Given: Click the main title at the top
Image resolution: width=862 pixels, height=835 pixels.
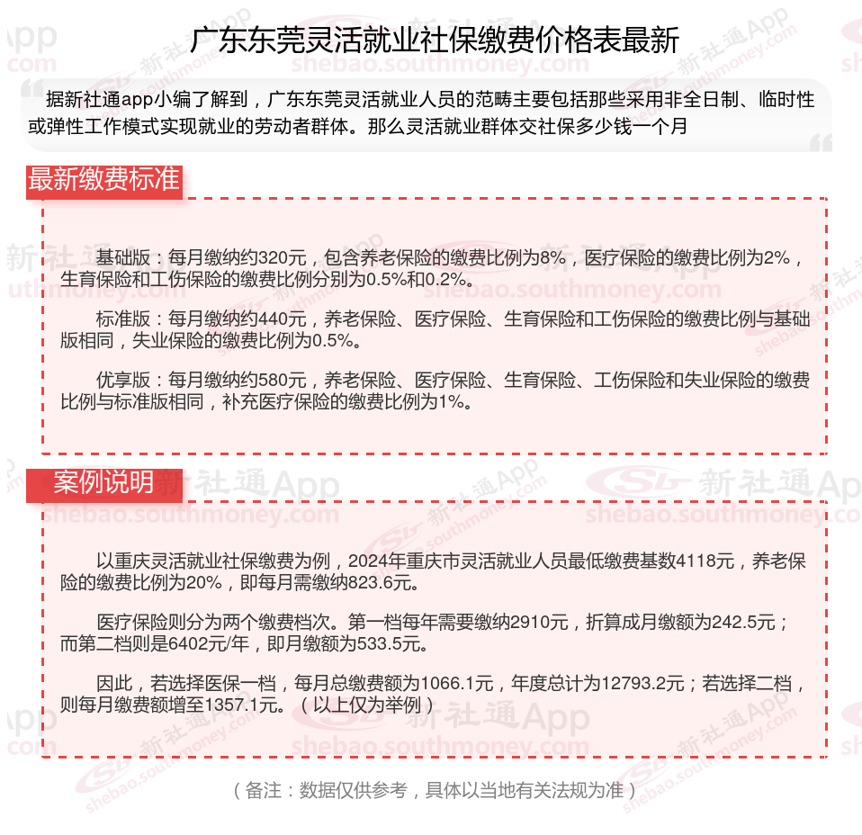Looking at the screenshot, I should (x=435, y=40).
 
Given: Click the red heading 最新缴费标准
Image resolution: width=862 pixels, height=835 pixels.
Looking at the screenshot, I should (x=103, y=180).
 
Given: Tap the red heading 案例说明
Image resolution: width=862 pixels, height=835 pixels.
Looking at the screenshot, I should (x=103, y=482).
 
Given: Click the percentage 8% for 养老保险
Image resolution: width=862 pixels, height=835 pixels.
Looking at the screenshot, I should (x=551, y=258).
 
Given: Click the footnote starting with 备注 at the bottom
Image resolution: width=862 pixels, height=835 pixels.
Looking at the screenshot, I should (x=435, y=791).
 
